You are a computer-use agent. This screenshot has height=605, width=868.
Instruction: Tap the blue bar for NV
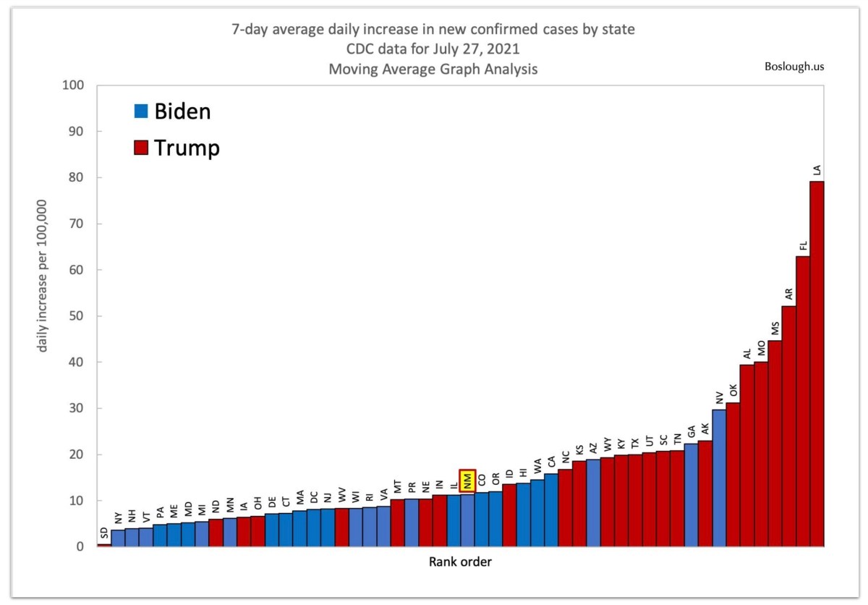coord(719,478)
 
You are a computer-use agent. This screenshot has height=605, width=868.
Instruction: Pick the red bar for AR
coord(788,426)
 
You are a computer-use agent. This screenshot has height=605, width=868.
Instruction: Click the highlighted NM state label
coord(468,481)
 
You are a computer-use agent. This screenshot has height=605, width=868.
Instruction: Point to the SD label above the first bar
coord(104,534)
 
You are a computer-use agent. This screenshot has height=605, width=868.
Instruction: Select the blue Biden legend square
coord(141,111)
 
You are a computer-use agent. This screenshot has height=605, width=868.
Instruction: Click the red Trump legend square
coord(141,148)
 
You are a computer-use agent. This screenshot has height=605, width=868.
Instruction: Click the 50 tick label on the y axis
coord(77,316)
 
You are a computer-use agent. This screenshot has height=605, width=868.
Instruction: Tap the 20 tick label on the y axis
coord(77,454)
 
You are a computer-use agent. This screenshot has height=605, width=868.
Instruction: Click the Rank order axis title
coord(460,562)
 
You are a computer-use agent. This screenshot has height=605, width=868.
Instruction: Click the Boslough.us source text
coord(794,67)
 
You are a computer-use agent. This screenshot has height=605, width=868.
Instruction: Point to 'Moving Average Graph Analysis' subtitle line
coord(433,70)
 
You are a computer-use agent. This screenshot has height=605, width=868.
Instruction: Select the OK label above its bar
coord(733,390)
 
